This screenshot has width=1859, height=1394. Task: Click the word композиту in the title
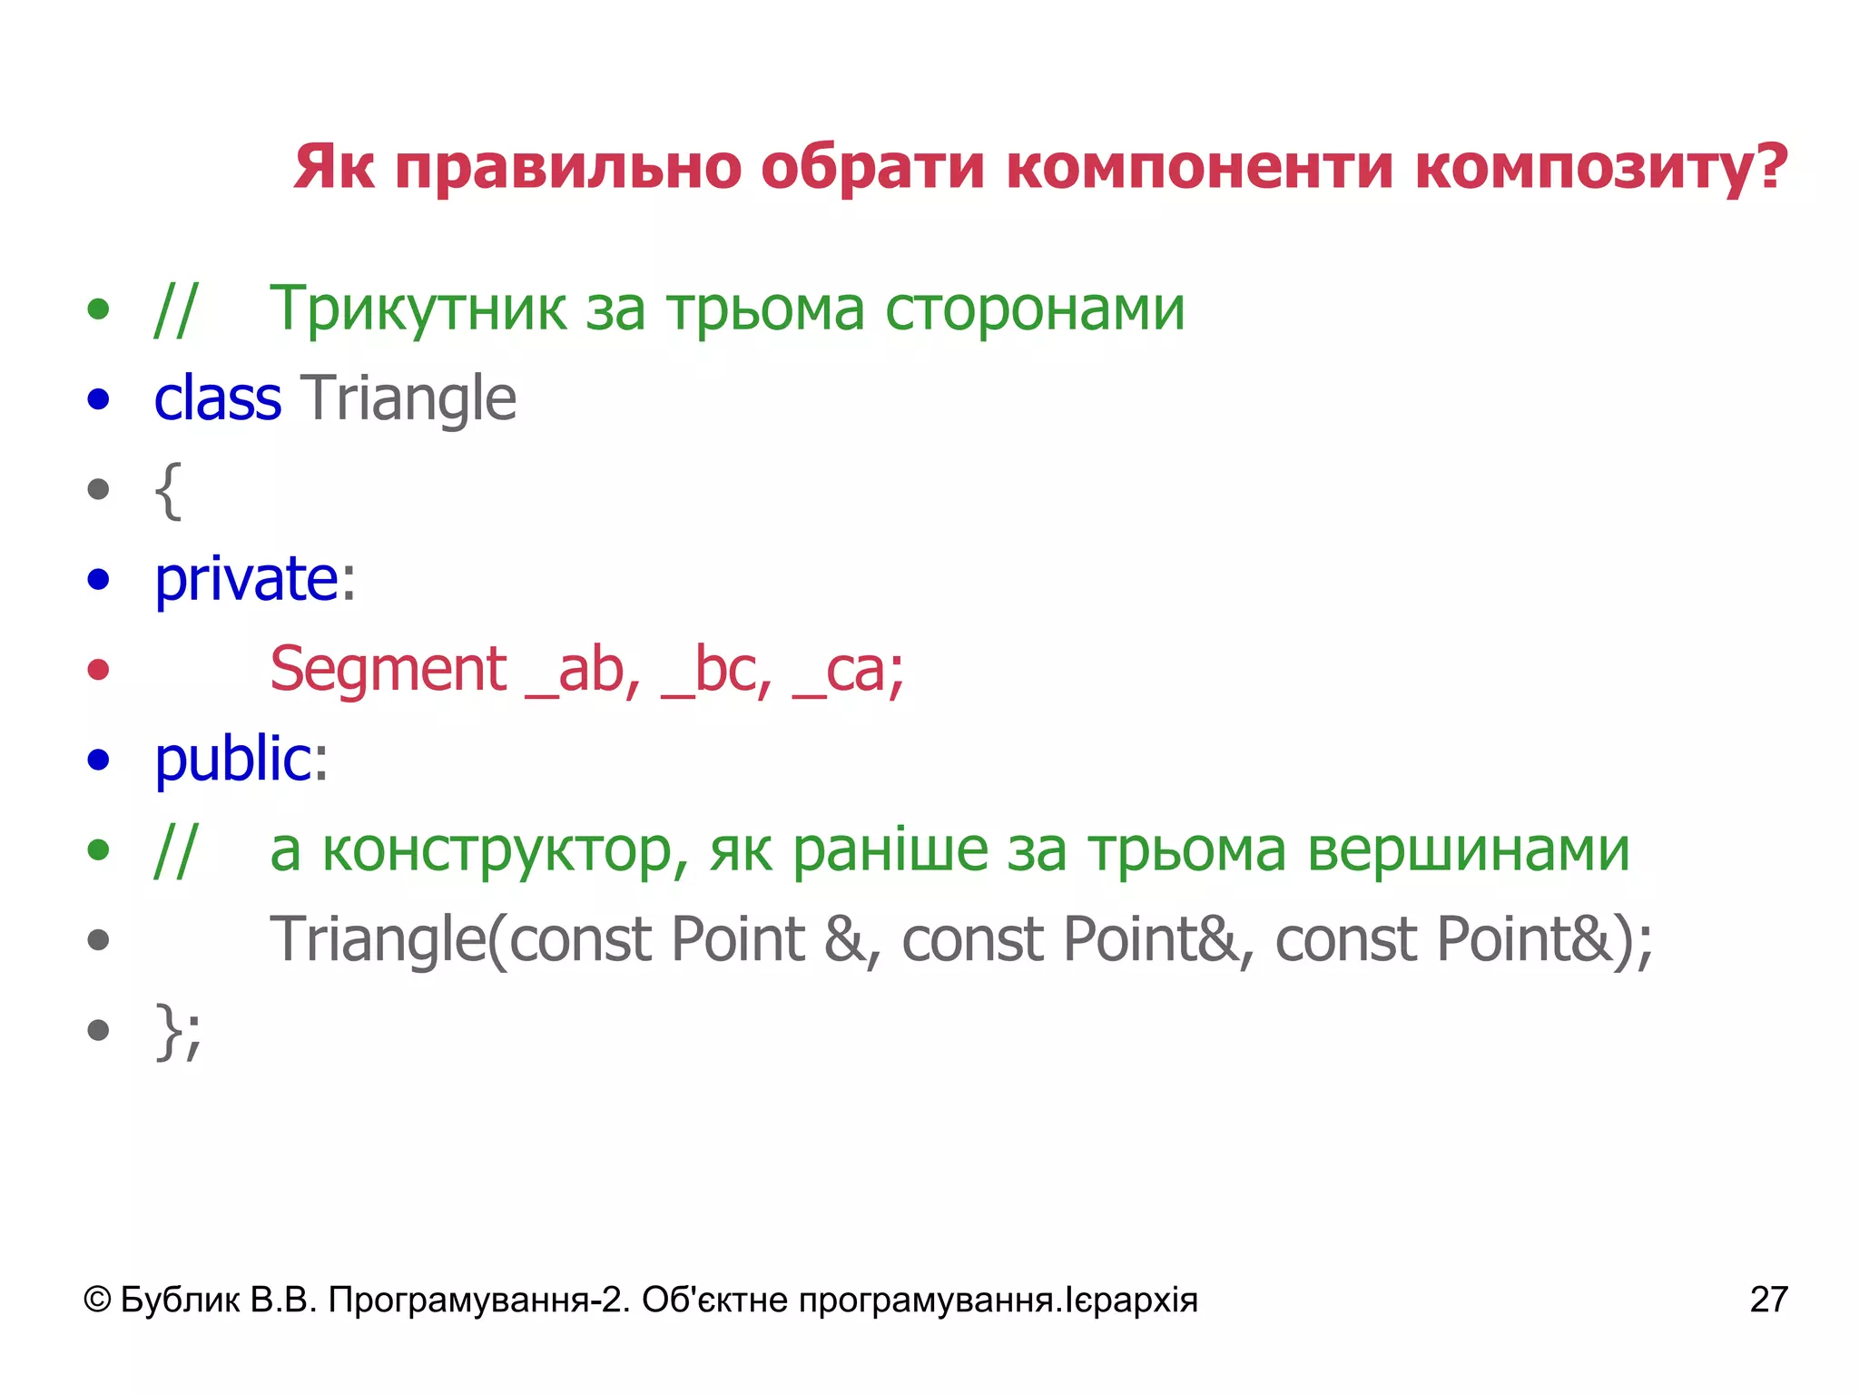point(1601,168)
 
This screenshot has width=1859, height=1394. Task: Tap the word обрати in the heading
point(871,168)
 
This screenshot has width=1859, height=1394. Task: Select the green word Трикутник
point(418,309)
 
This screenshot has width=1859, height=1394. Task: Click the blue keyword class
point(218,398)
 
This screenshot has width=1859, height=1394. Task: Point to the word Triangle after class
point(408,400)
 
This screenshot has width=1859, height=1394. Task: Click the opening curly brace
point(169,490)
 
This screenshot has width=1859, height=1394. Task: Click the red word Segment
point(389,670)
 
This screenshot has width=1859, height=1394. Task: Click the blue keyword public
point(233,759)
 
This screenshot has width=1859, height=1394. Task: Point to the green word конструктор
point(498,850)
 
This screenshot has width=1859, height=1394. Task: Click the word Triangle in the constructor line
point(378,940)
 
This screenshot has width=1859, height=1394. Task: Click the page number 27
point(1768,1300)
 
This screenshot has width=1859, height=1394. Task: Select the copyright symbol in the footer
point(97,1300)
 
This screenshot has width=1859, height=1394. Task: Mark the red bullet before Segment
point(98,670)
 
